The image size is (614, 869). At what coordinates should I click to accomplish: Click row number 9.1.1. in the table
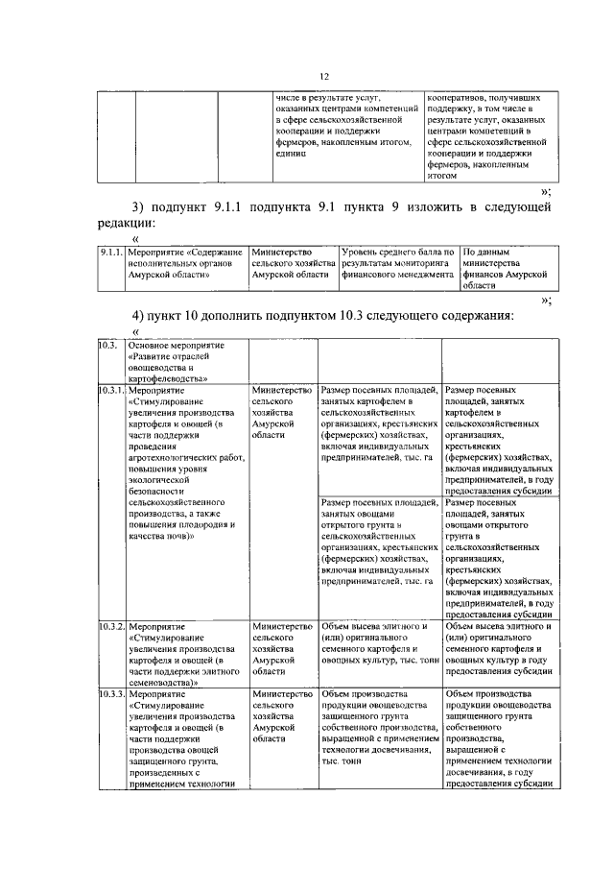(x=112, y=251)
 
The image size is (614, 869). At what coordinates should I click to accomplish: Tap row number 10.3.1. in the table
(x=111, y=390)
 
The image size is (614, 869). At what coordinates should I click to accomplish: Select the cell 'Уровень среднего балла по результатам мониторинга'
(x=398, y=262)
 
